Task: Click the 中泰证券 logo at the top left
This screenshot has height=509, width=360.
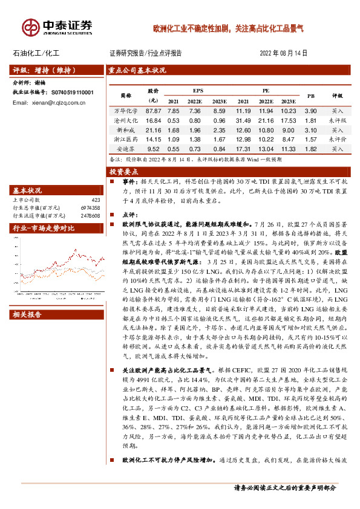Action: [57, 27]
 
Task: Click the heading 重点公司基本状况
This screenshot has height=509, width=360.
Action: [137, 70]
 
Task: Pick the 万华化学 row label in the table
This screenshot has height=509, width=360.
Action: [126, 111]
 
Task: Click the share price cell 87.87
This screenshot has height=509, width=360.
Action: [154, 111]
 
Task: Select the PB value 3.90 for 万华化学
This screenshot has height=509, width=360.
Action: [310, 111]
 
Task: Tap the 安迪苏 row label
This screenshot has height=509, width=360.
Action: [126, 148]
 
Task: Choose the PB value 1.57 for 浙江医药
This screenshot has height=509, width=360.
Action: [310, 139]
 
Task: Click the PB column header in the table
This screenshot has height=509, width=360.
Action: [311, 96]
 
